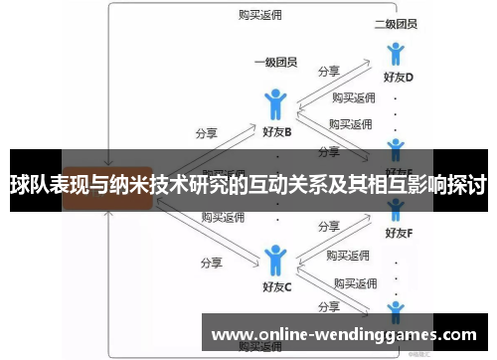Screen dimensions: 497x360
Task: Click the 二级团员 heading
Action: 395,23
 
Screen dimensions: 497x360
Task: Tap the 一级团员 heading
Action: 276,63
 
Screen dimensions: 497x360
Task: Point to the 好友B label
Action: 276,131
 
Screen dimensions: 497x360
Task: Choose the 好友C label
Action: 276,288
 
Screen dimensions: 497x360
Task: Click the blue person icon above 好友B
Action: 276,103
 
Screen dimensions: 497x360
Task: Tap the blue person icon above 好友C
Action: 275,260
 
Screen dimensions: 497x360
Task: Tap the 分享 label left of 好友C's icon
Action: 211,264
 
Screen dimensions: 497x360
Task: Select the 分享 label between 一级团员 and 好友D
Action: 329,72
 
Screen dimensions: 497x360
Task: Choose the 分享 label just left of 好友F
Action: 329,228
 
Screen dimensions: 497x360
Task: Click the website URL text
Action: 345,334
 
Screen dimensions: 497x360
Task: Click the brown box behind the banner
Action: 107,186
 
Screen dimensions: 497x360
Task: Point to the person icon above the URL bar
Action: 396,308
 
